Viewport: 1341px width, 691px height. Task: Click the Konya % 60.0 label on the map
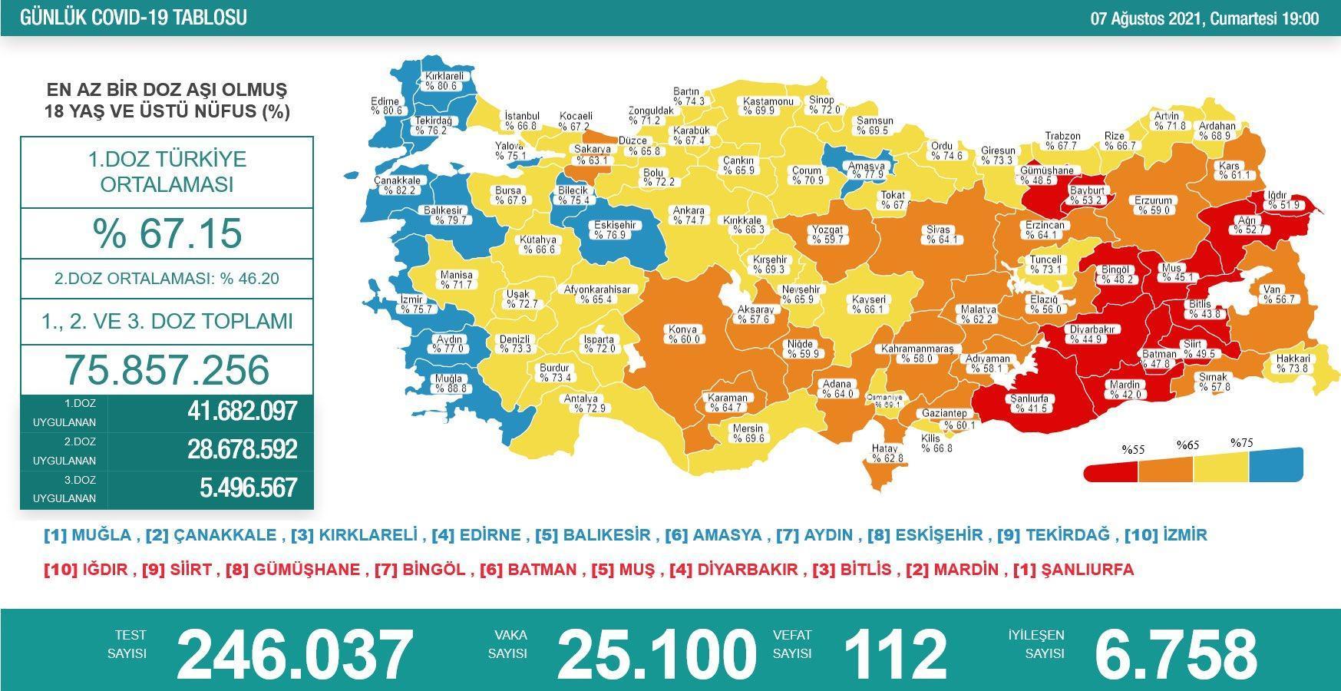point(684,334)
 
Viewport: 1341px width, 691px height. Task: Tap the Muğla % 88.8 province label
point(449,384)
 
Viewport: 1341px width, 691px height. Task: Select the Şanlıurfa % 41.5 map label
point(1029,404)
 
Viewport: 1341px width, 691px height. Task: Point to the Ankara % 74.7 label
point(689,216)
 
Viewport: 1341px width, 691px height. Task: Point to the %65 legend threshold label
point(1187,445)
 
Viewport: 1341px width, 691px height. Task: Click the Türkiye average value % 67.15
point(167,233)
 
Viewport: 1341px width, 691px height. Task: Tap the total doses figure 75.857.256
point(167,369)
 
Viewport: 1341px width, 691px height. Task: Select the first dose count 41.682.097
point(242,412)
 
